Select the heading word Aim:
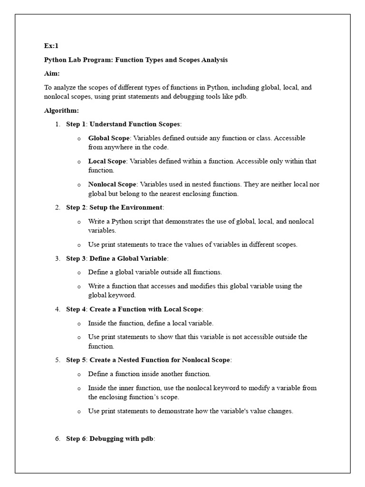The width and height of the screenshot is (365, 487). click(x=52, y=74)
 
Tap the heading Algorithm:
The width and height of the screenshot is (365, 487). click(x=61, y=110)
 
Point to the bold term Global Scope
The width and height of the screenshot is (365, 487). click(x=109, y=138)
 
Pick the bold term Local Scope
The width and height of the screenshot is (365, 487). click(x=107, y=161)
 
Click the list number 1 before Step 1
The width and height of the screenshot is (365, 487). click(x=57, y=124)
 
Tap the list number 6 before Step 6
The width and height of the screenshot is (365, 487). click(x=57, y=438)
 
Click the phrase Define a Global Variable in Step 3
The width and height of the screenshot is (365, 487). click(x=128, y=258)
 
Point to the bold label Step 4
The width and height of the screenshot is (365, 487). click(x=76, y=309)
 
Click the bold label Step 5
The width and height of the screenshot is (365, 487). click(x=76, y=360)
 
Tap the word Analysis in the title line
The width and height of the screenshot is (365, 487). click(x=214, y=60)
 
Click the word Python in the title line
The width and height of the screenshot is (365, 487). click(x=56, y=60)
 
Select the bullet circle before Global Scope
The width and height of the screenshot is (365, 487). click(x=79, y=138)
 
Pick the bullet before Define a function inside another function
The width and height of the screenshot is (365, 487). click(x=79, y=374)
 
